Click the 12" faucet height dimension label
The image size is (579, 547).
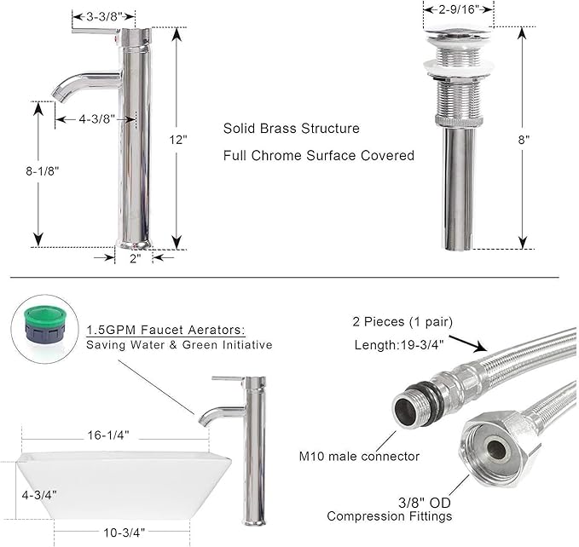(178, 141)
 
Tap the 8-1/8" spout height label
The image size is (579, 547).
(43, 171)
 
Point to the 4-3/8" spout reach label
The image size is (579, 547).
(96, 119)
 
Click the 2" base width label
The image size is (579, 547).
(136, 258)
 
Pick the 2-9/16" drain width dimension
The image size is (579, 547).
(459, 9)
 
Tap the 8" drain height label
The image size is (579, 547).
(524, 140)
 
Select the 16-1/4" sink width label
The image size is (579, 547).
(108, 435)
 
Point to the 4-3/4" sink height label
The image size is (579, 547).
(39, 495)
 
